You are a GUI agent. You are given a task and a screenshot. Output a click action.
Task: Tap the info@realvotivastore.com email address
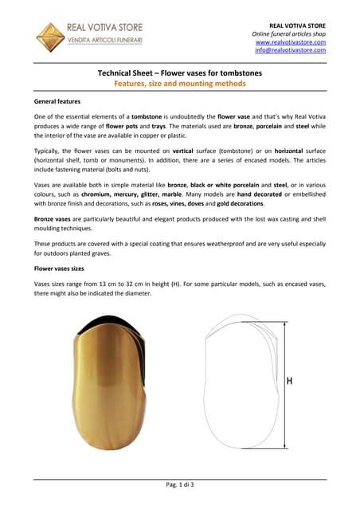291,50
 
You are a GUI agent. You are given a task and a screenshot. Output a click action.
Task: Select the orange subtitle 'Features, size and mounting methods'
179,84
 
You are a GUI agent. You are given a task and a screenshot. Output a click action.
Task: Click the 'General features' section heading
60,103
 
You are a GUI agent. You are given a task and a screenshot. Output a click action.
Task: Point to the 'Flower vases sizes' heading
63,269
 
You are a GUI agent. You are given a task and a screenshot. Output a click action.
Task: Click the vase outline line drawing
238,382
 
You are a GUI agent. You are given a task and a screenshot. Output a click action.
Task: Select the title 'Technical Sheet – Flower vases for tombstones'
179,73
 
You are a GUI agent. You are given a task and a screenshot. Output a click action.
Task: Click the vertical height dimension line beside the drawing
279,382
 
